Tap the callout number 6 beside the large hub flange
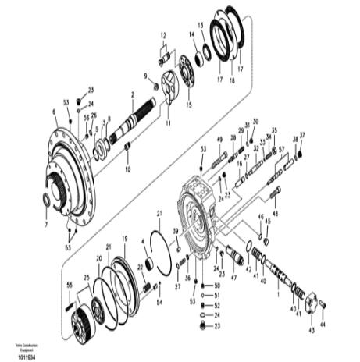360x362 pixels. [54, 112]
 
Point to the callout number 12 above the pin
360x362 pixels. [164, 36]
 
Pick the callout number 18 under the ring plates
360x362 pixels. [232, 80]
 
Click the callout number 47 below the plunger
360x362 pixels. [233, 277]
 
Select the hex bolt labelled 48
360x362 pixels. [276, 193]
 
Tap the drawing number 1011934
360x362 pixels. [24, 356]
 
